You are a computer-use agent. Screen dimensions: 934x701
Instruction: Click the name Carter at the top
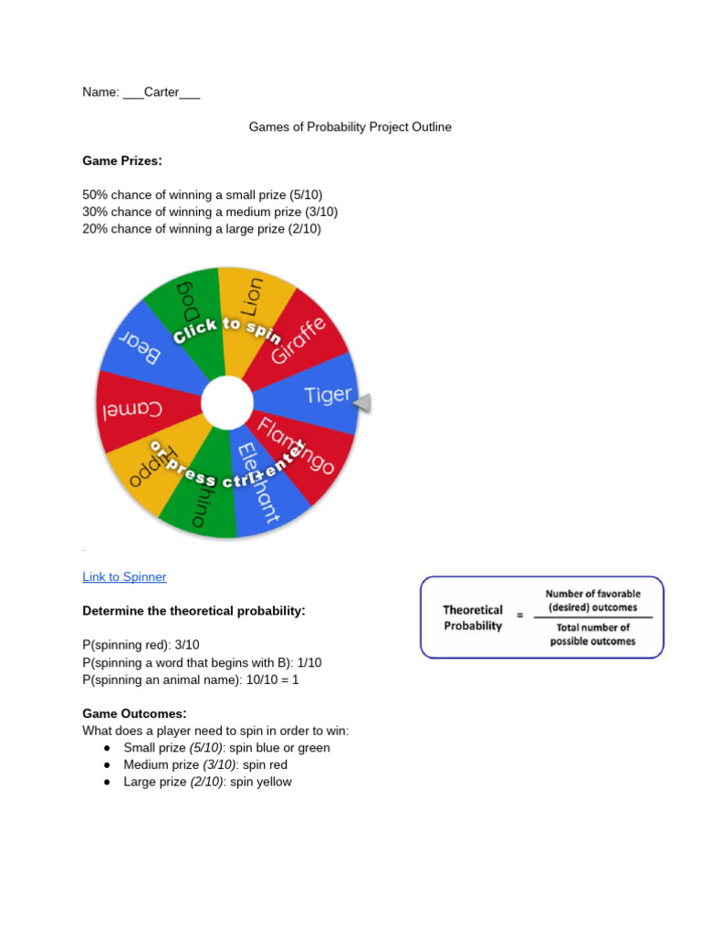[x=162, y=92]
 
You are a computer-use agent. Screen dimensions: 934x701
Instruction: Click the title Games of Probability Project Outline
[x=350, y=127]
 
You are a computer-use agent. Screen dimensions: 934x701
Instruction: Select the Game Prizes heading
[x=122, y=161]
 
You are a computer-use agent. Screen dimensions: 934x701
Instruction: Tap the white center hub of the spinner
[x=227, y=403]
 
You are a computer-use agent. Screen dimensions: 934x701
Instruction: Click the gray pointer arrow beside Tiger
[x=363, y=402]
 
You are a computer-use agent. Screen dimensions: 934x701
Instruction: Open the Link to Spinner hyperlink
[x=124, y=576]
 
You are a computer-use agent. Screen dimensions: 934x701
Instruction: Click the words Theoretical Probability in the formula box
[x=473, y=617]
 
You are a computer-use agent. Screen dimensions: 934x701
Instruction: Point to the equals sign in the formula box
[x=520, y=616]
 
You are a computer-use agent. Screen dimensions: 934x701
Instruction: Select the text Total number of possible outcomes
[x=592, y=634]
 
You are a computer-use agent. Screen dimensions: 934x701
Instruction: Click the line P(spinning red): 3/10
[x=141, y=645]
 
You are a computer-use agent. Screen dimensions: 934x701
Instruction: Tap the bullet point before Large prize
[x=107, y=783]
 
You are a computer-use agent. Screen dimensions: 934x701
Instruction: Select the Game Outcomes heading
[x=134, y=713]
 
